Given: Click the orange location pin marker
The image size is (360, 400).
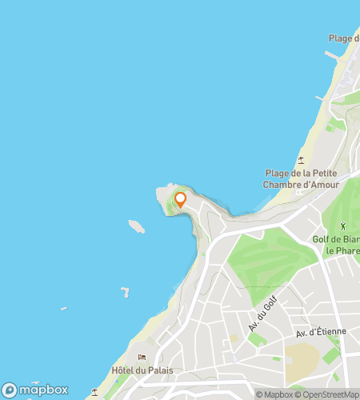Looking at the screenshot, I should (181, 199).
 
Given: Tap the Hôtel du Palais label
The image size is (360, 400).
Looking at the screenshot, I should (144, 370).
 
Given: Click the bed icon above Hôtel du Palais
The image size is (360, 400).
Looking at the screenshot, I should (142, 358).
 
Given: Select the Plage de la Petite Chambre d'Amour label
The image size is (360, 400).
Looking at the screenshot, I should (302, 179).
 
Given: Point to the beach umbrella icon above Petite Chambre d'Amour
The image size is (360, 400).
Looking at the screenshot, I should (302, 160).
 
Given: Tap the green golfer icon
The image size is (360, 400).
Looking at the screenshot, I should (343, 226).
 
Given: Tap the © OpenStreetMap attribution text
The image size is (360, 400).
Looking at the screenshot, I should (327, 394).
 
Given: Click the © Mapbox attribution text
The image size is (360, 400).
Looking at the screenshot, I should (274, 394).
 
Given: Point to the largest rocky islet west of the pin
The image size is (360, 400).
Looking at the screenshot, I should (137, 226).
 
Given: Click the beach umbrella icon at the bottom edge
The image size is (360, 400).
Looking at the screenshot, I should (94, 392).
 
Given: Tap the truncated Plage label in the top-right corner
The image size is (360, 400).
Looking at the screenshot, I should (345, 38).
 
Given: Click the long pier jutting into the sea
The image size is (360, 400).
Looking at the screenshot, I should (333, 56).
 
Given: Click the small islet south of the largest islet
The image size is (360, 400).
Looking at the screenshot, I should (125, 292).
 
